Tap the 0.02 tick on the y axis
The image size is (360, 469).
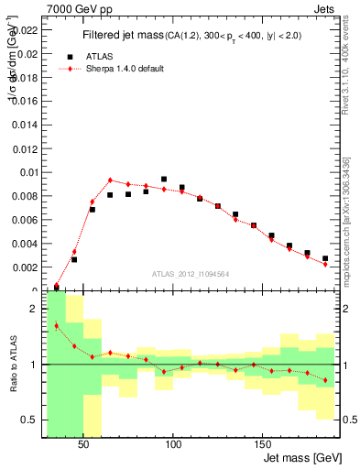26,53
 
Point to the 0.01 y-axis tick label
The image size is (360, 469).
26,172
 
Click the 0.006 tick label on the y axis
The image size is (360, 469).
23,220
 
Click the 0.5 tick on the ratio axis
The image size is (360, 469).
29,420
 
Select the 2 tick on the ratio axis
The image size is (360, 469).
34,309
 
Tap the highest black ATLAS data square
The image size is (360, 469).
164,180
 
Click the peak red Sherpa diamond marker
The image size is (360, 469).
110,180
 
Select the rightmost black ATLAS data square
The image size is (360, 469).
325,258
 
